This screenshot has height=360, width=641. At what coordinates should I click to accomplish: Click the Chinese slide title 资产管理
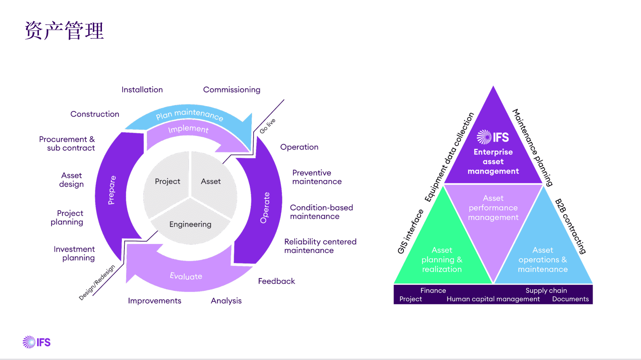[x=64, y=31]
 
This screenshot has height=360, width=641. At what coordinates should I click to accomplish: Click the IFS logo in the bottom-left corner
[x=37, y=342]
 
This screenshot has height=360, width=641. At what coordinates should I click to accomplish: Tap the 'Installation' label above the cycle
[x=142, y=90]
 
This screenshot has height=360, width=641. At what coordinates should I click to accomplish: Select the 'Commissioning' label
[x=232, y=90]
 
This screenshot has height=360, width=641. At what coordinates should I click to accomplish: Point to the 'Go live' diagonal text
[x=267, y=126]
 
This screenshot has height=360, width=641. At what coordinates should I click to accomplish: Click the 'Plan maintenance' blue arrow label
[x=189, y=115]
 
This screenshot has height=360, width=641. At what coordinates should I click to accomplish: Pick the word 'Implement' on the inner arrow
[x=188, y=129]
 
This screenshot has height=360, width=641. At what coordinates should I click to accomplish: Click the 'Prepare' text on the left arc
[x=111, y=190]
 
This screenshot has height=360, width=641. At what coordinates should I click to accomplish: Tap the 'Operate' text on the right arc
[x=265, y=208]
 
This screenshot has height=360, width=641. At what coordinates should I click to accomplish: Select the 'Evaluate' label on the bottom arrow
[x=186, y=276]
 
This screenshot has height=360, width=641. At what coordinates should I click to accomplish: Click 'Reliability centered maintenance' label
[x=320, y=246]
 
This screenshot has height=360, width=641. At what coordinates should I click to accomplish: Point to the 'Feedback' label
[x=276, y=281]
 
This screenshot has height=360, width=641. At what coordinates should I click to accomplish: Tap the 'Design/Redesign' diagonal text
[x=97, y=282]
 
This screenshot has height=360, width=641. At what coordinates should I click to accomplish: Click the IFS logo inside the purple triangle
[x=493, y=137]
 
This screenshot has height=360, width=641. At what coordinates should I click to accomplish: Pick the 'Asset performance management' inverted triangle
[x=493, y=208]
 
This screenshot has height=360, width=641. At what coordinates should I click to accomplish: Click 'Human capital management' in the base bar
[x=493, y=299]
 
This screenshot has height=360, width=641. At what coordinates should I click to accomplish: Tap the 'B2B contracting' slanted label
[x=571, y=226]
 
